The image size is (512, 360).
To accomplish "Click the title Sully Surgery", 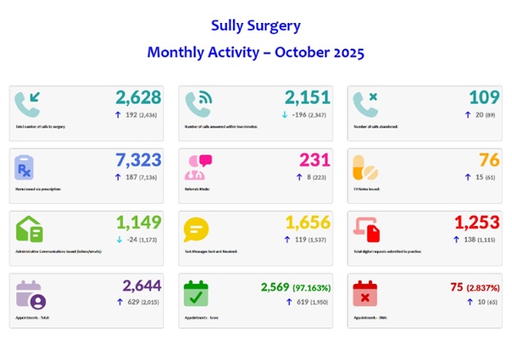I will pyautogui.click(x=255, y=26).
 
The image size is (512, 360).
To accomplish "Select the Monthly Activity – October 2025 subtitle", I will pyautogui.click(x=255, y=53).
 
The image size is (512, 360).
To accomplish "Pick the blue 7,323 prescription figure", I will pyautogui.click(x=139, y=161).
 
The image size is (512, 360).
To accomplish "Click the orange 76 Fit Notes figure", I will pyautogui.click(x=489, y=161).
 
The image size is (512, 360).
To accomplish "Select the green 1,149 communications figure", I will pyautogui.click(x=139, y=224).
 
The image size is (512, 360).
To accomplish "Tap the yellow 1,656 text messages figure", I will pyautogui.click(x=307, y=224).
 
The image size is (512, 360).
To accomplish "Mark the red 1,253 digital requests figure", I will pyautogui.click(x=477, y=224).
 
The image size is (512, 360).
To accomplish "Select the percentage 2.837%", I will pyautogui.click(x=483, y=286).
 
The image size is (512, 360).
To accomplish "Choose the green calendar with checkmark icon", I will pyautogui.click(x=195, y=293).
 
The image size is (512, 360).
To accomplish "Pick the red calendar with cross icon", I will pyautogui.click(x=364, y=293).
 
